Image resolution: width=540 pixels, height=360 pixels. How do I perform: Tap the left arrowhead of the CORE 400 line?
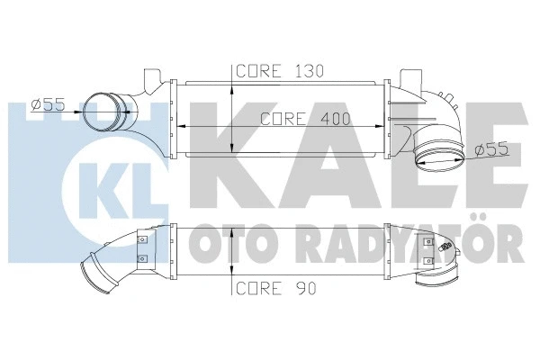tap(174, 125)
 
